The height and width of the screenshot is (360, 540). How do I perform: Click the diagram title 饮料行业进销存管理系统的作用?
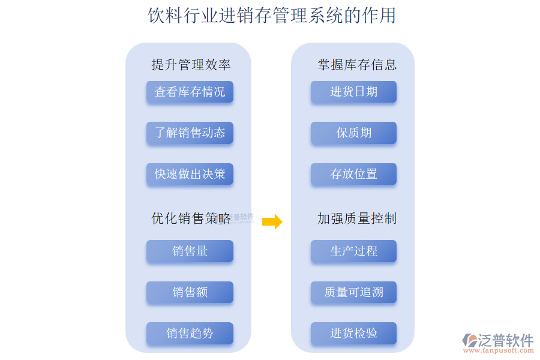click(272, 15)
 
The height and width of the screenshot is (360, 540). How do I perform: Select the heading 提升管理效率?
click(191, 65)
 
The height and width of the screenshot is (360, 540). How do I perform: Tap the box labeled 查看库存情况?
click(190, 92)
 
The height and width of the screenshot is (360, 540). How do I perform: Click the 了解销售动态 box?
click(190, 133)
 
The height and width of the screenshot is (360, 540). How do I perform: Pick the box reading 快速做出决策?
click(190, 174)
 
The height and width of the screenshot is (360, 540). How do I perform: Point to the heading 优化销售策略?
click(191, 219)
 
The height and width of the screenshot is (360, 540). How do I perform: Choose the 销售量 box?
click(190, 251)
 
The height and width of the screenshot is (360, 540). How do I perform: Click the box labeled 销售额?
click(190, 292)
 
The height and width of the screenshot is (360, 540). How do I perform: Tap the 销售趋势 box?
click(190, 333)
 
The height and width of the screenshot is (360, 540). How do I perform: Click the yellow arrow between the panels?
click(272, 222)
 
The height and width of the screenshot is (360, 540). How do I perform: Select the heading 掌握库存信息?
click(356, 65)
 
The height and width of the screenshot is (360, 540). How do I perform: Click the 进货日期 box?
click(353, 92)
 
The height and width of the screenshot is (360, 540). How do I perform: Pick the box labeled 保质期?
click(353, 133)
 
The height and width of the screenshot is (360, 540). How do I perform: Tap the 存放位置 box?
click(353, 174)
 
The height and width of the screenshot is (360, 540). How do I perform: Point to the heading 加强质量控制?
click(356, 219)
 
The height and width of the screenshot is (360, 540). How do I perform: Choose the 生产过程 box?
click(353, 251)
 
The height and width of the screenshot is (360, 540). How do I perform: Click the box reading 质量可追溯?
click(353, 292)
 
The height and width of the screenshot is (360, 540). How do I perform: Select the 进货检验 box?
click(353, 333)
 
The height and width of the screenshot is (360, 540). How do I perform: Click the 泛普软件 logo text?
click(505, 340)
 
